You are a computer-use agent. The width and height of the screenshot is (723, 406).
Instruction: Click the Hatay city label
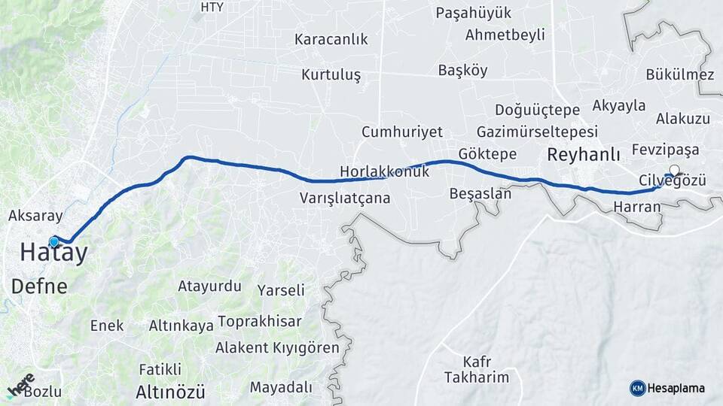tap(53, 253)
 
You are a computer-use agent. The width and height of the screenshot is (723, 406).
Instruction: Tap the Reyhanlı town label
tap(583, 155)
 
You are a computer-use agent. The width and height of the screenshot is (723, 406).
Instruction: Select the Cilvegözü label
tap(672, 180)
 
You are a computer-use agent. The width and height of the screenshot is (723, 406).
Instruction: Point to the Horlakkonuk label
tap(384, 171)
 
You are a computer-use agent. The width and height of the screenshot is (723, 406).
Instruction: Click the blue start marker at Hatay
tap(54, 241)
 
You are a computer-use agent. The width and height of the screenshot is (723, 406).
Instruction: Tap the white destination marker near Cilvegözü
tap(674, 171)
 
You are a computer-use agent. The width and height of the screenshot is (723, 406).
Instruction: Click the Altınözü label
tap(170, 392)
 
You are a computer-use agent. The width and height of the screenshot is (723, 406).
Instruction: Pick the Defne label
tap(39, 286)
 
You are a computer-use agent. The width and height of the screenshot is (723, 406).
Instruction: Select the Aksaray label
tap(35, 216)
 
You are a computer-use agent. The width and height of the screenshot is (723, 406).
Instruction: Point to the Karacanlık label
tap(331, 39)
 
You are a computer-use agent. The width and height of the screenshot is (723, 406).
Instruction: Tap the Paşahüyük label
tap(474, 13)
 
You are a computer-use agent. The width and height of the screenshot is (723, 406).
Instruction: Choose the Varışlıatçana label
tap(345, 198)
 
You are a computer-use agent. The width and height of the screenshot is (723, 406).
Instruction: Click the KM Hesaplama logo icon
tap(638, 388)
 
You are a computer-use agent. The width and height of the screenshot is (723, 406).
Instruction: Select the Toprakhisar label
tap(259, 322)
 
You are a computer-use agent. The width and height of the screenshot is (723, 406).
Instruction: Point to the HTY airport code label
tap(212, 8)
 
